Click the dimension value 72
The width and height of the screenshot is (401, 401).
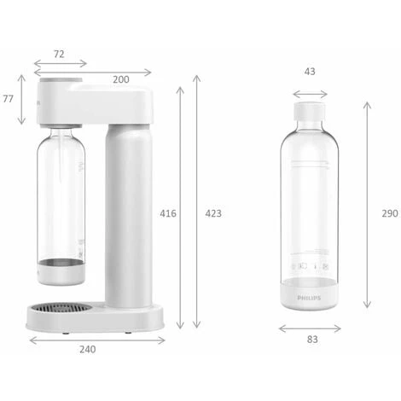(x=60, y=54)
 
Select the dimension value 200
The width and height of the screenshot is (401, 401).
(x=121, y=79)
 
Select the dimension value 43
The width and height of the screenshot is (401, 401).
(x=309, y=72)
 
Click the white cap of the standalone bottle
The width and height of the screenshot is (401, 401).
(x=310, y=114)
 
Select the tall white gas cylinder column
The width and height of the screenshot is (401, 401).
(x=126, y=213)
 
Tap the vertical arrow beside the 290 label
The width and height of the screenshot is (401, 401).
(x=367, y=205)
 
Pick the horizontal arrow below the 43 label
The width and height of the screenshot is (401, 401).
(x=310, y=93)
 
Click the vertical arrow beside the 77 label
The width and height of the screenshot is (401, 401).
(x=23, y=99)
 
